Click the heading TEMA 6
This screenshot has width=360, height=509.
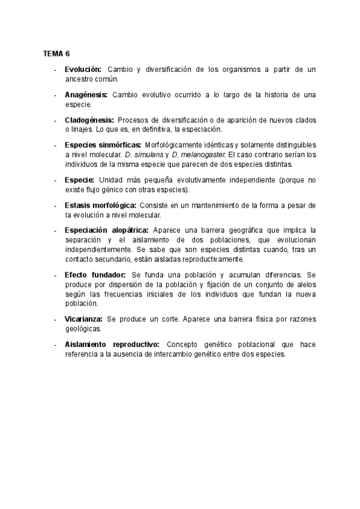click(x=56, y=54)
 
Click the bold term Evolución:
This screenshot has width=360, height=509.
click(x=83, y=70)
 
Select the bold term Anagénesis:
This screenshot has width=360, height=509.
click(x=86, y=95)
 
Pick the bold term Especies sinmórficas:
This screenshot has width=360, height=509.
click(x=103, y=145)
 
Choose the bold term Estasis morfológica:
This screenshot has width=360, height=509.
click(x=101, y=205)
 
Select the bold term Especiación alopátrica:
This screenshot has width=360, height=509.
click(x=107, y=230)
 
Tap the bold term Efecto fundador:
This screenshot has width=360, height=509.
click(x=95, y=274)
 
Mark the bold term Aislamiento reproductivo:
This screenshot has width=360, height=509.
click(x=112, y=345)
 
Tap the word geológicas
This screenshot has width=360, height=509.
click(x=83, y=328)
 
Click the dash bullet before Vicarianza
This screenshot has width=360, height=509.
click(x=55, y=319)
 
